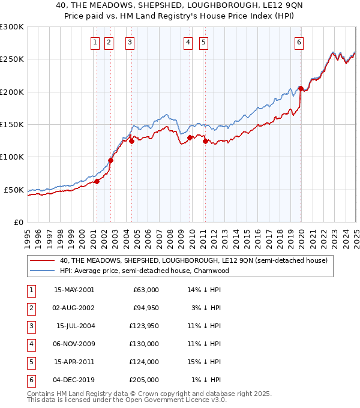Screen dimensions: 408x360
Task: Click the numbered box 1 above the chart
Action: tap(95, 42)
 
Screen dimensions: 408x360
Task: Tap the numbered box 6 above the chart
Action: tap(299, 42)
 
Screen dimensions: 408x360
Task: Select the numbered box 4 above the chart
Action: tap(188, 42)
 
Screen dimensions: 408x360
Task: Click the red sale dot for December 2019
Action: tap(301, 89)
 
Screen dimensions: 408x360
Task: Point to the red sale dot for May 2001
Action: tap(97, 181)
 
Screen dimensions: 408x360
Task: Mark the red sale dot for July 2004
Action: tap(131, 142)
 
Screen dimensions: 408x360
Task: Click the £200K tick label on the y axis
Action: tap(11, 92)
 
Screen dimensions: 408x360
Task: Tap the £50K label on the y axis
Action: tap(14, 190)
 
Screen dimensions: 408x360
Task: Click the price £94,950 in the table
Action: tap(145, 307)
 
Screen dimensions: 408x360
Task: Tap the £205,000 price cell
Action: tap(145, 380)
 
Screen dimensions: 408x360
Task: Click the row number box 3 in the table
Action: tap(29, 326)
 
